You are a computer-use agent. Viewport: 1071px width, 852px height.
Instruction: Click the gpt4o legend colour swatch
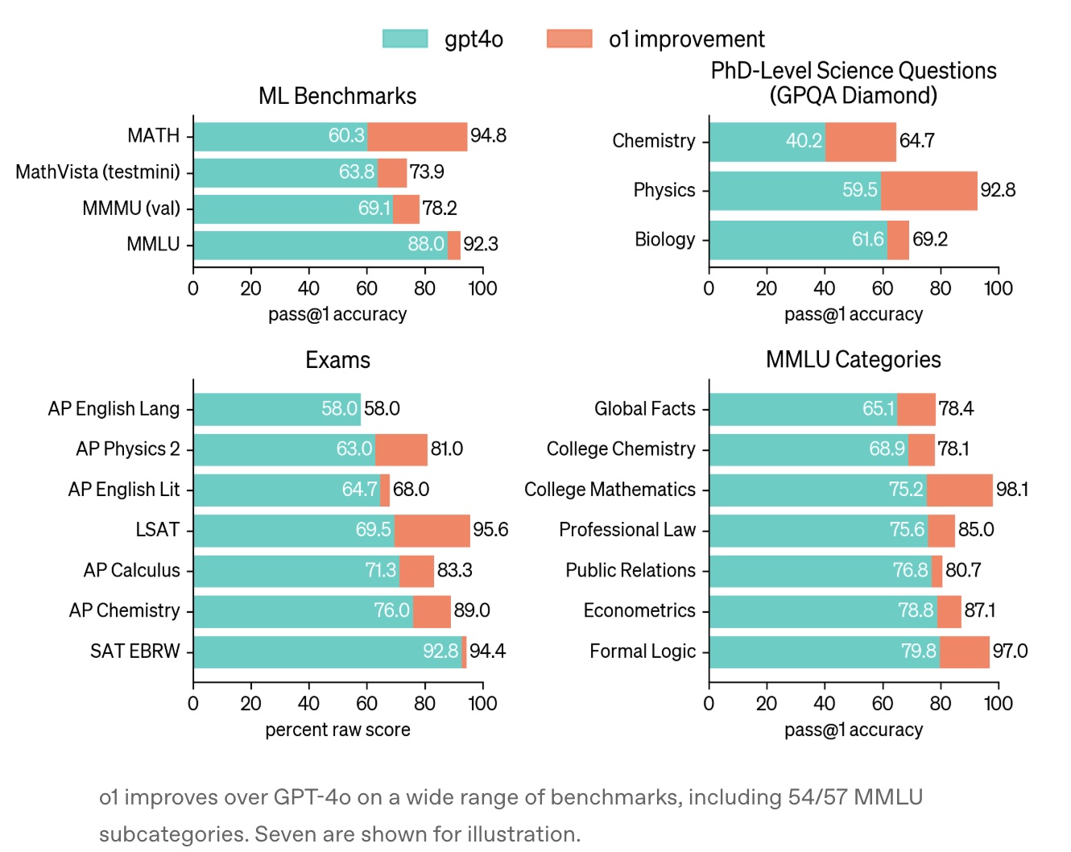[405, 39]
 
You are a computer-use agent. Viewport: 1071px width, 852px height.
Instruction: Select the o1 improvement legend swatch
[569, 39]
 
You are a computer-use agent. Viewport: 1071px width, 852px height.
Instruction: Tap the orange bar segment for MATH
[417, 136]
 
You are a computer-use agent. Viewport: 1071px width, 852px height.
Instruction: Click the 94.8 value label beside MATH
[489, 135]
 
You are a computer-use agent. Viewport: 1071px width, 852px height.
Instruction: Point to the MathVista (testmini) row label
[97, 172]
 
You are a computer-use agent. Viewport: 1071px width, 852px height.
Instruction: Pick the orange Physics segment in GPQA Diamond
[928, 191]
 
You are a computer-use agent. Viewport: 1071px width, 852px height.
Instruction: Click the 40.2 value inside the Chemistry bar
[804, 141]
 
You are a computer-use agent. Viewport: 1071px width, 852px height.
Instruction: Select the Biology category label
[664, 239]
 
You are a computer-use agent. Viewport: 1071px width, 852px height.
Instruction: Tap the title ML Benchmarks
[337, 97]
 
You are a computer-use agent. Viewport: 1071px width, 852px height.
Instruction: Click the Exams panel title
[337, 360]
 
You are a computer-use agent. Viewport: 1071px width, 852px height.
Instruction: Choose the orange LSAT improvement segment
[432, 531]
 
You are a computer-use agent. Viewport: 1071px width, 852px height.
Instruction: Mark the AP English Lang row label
[114, 409]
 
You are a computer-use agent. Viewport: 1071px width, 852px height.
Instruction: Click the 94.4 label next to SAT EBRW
[488, 651]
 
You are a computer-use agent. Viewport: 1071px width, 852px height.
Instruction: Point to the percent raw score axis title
[337, 730]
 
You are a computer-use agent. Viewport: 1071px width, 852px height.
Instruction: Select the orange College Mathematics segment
[959, 490]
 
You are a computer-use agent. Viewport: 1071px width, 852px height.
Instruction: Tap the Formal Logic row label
[643, 651]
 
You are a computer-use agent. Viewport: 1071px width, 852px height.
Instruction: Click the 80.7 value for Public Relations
[963, 570]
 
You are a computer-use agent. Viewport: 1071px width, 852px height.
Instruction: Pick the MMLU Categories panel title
[853, 359]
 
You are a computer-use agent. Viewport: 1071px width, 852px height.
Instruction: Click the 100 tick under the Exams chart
[482, 703]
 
